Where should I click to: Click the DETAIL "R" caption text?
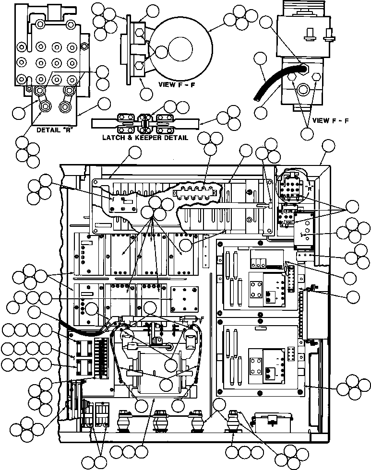click(54, 130)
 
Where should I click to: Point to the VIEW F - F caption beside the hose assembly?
click(330, 120)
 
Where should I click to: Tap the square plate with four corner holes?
click(185, 299)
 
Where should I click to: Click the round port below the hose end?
click(303, 89)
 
